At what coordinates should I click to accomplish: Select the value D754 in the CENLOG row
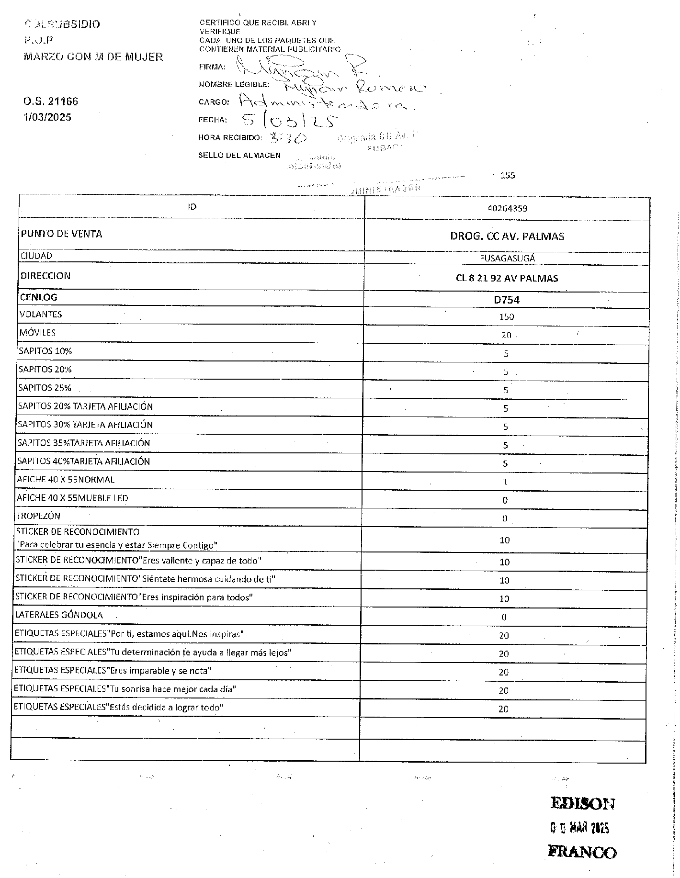pyautogui.click(x=507, y=300)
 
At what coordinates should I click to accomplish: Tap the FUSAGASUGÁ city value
pyautogui.click(x=507, y=258)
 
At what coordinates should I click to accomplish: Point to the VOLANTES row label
pyautogui.click(x=41, y=315)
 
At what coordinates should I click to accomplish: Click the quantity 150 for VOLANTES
pyautogui.click(x=506, y=316)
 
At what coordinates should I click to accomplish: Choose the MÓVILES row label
pyautogui.click(x=37, y=333)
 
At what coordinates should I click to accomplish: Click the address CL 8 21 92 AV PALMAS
pyautogui.click(x=507, y=278)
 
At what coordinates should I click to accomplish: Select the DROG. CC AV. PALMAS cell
pyautogui.click(x=507, y=236)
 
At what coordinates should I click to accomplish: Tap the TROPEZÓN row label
pyautogui.click(x=38, y=516)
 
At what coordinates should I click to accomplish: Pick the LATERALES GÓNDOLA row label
pyautogui.click(x=59, y=615)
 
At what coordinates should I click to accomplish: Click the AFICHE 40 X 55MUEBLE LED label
pyautogui.click(x=72, y=498)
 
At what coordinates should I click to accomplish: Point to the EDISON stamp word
pyautogui.click(x=582, y=803)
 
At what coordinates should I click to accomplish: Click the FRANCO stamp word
pyautogui.click(x=582, y=852)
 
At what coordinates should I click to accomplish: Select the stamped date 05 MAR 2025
pyautogui.click(x=579, y=828)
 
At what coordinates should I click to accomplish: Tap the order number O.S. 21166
pyautogui.click(x=51, y=101)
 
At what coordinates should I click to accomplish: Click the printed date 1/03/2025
pyautogui.click(x=47, y=117)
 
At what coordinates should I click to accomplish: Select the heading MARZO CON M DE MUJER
pyautogui.click(x=93, y=57)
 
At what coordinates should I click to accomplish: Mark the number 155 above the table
pyautogui.click(x=507, y=175)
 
